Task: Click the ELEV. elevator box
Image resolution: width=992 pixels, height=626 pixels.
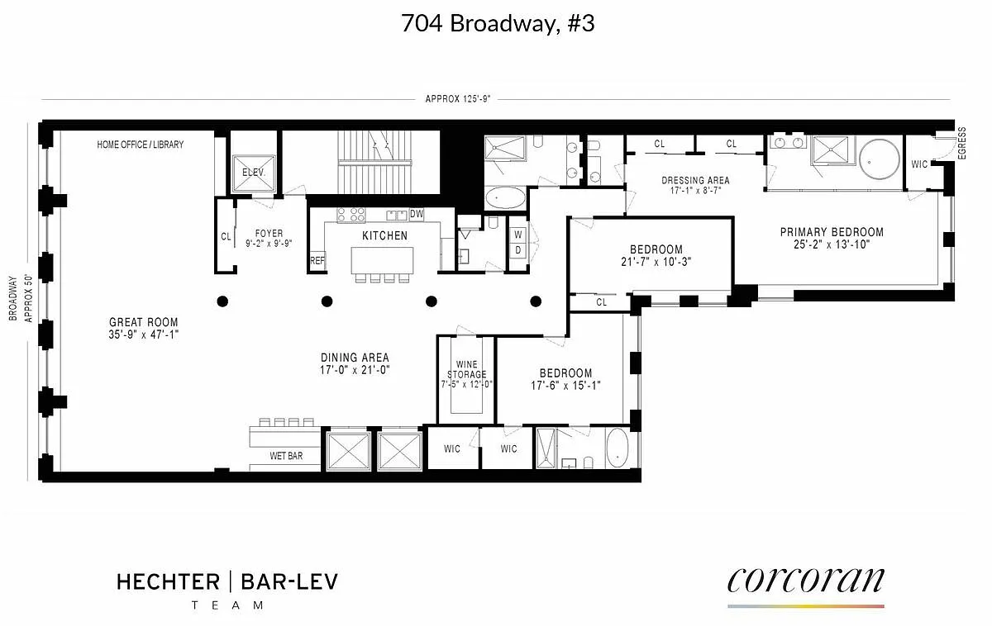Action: [254, 173]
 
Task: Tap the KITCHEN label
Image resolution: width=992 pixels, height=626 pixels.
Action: [385, 236]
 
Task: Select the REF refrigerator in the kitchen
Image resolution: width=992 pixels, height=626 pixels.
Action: [317, 261]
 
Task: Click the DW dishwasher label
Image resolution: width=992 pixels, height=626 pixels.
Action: [417, 214]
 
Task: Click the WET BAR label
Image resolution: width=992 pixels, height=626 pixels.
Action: [286, 456]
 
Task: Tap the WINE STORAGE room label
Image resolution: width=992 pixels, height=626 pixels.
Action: [467, 369]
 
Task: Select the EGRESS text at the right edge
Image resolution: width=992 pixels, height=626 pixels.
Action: [961, 143]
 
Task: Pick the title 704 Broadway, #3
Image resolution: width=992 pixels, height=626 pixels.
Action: [498, 23]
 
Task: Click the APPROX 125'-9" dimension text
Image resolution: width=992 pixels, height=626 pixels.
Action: [458, 98]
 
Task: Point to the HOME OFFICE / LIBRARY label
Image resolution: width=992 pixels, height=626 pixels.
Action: [140, 145]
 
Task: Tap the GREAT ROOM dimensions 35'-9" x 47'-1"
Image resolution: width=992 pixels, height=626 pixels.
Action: [144, 334]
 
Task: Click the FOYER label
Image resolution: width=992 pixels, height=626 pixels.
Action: [269, 233]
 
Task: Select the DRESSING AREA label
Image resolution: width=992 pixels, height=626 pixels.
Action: [695, 181]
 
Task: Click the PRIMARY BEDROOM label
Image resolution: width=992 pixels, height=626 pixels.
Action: [832, 232]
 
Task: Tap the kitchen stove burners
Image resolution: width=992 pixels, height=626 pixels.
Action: [351, 215]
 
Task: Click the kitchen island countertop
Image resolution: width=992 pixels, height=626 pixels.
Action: [382, 261]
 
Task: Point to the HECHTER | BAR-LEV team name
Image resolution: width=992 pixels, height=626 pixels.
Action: [227, 581]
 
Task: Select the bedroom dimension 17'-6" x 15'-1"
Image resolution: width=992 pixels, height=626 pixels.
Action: [566, 386]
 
